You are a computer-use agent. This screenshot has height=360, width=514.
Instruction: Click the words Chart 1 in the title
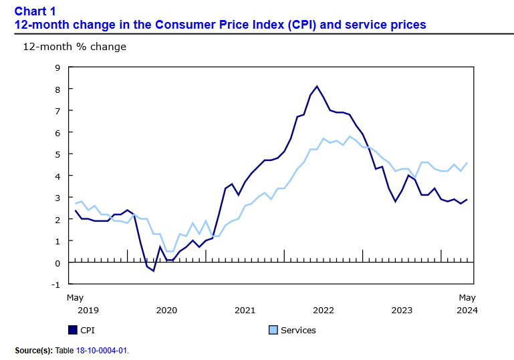click(x=35, y=11)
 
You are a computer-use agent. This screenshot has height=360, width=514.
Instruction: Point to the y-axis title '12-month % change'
click(x=74, y=47)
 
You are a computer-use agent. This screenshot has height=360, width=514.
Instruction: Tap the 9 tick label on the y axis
click(x=57, y=67)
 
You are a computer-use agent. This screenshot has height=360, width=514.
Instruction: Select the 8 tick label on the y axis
click(x=57, y=89)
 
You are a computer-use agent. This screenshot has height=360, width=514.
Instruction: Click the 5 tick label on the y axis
click(x=57, y=154)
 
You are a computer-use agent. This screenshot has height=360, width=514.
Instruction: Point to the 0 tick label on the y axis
click(x=57, y=262)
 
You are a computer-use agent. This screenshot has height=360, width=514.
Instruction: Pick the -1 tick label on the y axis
click(x=56, y=285)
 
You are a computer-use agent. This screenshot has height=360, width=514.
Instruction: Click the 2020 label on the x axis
click(x=166, y=310)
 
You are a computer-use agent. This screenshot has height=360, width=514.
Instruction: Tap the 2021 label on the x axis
click(x=245, y=310)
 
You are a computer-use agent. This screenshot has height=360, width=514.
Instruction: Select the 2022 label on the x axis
click(x=324, y=310)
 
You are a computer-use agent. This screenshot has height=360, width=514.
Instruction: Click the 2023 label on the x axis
click(x=402, y=310)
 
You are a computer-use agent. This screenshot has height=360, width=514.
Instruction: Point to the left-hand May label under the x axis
click(x=75, y=297)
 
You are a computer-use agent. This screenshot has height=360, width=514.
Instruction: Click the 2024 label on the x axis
click(x=467, y=310)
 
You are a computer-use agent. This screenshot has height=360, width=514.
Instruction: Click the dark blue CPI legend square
click(x=73, y=330)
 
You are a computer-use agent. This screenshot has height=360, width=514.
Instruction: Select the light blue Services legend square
click(x=273, y=330)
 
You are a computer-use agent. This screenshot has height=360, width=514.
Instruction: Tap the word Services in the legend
click(x=298, y=330)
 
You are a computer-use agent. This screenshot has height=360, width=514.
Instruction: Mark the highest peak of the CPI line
click(x=317, y=86)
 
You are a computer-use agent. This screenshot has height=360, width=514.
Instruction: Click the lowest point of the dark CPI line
click(x=153, y=271)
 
